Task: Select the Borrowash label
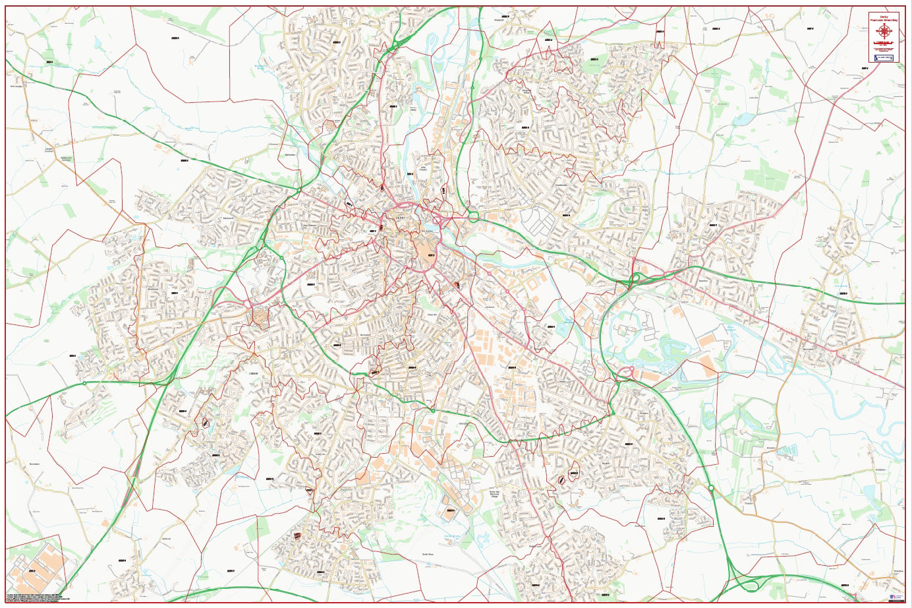pos(809,350)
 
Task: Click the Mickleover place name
pos(154,289)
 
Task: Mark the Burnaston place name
pos(35,464)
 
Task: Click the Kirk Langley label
pos(17,86)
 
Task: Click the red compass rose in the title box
pos(883,30)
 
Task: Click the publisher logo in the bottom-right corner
pos(896,596)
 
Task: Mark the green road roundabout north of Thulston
pos(711,488)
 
